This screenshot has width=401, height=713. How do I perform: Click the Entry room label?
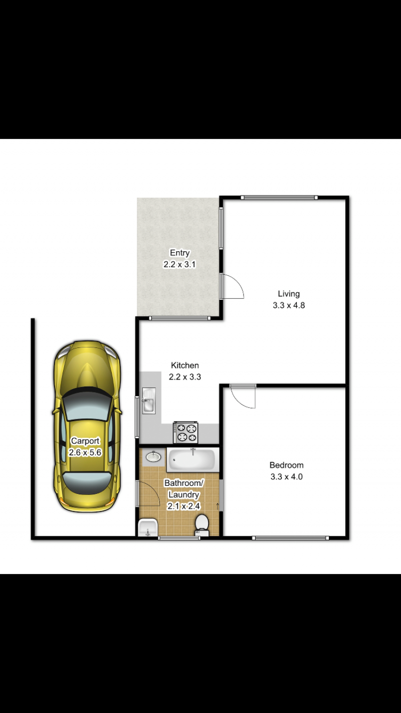click(180, 253)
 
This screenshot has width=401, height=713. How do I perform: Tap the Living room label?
click(289, 294)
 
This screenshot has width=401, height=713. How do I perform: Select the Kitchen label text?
click(185, 366)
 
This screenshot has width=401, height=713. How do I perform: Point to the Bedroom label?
click(286, 465)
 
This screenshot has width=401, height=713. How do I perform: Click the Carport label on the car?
click(85, 441)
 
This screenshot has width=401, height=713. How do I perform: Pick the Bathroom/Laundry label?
click(184, 488)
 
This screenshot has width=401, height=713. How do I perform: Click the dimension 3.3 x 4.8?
click(289, 305)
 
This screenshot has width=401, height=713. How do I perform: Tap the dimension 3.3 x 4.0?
click(286, 476)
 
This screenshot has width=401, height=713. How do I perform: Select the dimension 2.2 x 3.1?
click(179, 264)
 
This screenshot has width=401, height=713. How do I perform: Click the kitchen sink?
click(149, 401)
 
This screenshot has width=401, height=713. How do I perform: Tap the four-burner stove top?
click(185, 433)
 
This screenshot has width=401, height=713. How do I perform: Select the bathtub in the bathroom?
click(192, 460)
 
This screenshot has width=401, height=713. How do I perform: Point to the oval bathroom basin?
click(153, 457)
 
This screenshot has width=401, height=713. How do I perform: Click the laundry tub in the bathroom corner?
click(148, 527)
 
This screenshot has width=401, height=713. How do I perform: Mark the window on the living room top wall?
click(279, 198)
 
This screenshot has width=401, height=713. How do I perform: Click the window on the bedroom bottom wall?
click(291, 538)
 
